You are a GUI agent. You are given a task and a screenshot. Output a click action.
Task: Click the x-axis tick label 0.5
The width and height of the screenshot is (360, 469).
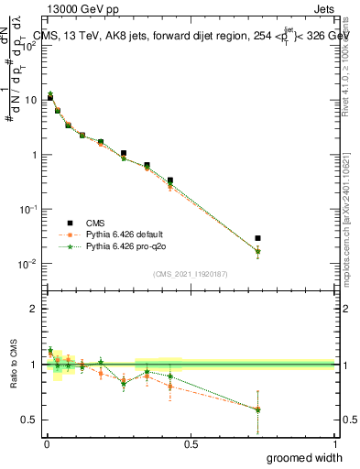[191, 443]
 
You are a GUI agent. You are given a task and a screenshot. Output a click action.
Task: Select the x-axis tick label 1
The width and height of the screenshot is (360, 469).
[335, 443]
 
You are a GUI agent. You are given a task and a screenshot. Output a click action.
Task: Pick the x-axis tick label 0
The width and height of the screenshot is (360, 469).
[47, 443]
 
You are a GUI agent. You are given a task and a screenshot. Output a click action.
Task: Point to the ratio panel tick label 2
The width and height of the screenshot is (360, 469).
[34, 309]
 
